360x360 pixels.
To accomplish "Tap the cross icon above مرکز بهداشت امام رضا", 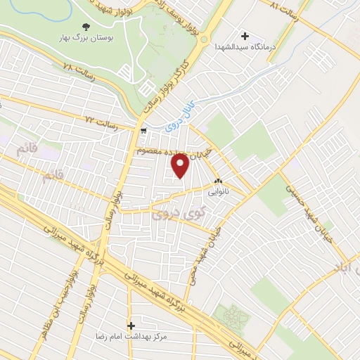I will pos(131,326).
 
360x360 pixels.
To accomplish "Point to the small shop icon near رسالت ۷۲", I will pos(144,131).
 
